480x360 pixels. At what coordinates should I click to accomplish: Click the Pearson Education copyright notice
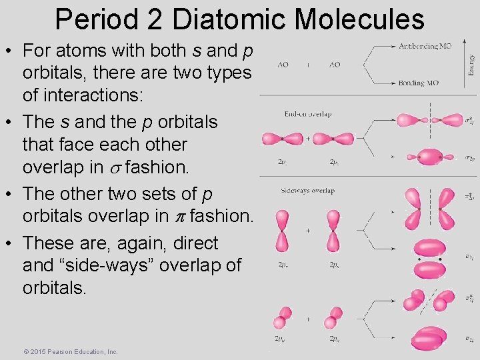point(70,351)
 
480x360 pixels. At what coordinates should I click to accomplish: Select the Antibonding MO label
point(425,47)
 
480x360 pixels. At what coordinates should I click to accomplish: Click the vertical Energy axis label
point(471,65)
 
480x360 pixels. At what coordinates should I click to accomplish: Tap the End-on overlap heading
point(308,114)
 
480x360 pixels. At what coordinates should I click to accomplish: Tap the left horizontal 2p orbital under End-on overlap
point(282,139)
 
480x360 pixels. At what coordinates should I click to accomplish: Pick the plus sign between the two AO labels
point(308,65)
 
